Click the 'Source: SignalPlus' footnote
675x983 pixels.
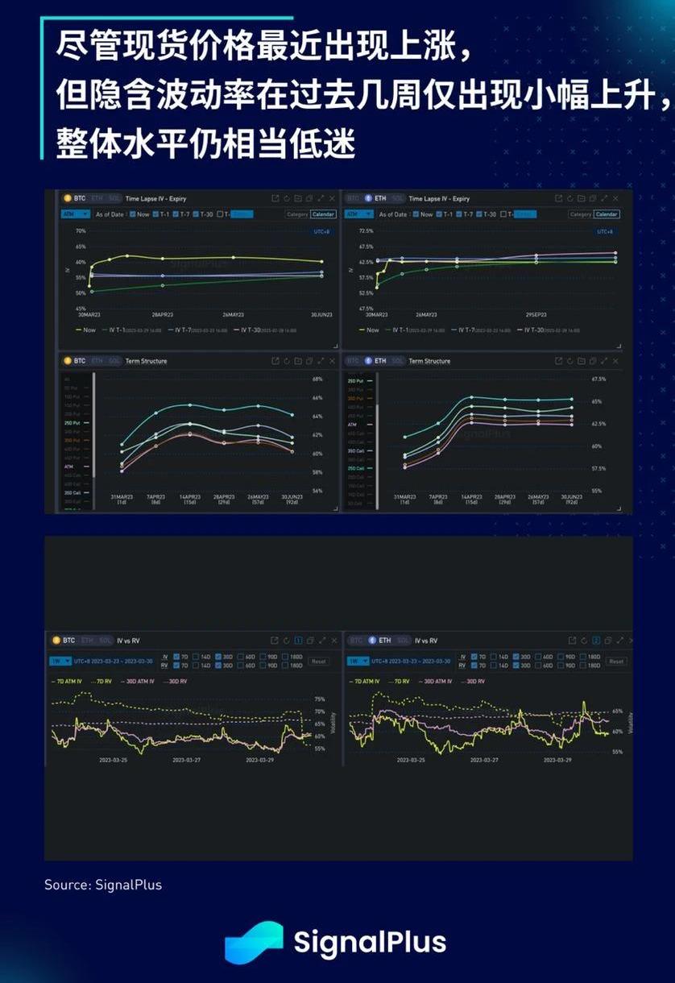pyautogui.click(x=103, y=885)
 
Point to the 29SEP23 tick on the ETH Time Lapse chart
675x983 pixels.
pyautogui.click(x=536, y=314)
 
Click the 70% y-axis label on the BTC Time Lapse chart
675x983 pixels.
pyautogui.click(x=81, y=231)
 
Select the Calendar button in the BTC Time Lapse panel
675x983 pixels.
pyautogui.click(x=323, y=214)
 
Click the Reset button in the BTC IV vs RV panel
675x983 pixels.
pyautogui.click(x=319, y=662)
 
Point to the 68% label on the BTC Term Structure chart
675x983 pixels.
pyautogui.click(x=317, y=379)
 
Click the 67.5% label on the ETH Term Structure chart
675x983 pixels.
pyautogui.click(x=598, y=379)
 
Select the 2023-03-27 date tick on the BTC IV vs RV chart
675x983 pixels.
pyautogui.click(x=186, y=760)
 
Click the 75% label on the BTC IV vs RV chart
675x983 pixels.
pyautogui.click(x=320, y=699)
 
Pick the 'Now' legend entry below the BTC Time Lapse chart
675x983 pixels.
pyautogui.click(x=88, y=330)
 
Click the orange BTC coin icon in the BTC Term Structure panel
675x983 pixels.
pyautogui.click(x=68, y=361)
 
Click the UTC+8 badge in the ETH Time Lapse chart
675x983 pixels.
pyautogui.click(x=604, y=231)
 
